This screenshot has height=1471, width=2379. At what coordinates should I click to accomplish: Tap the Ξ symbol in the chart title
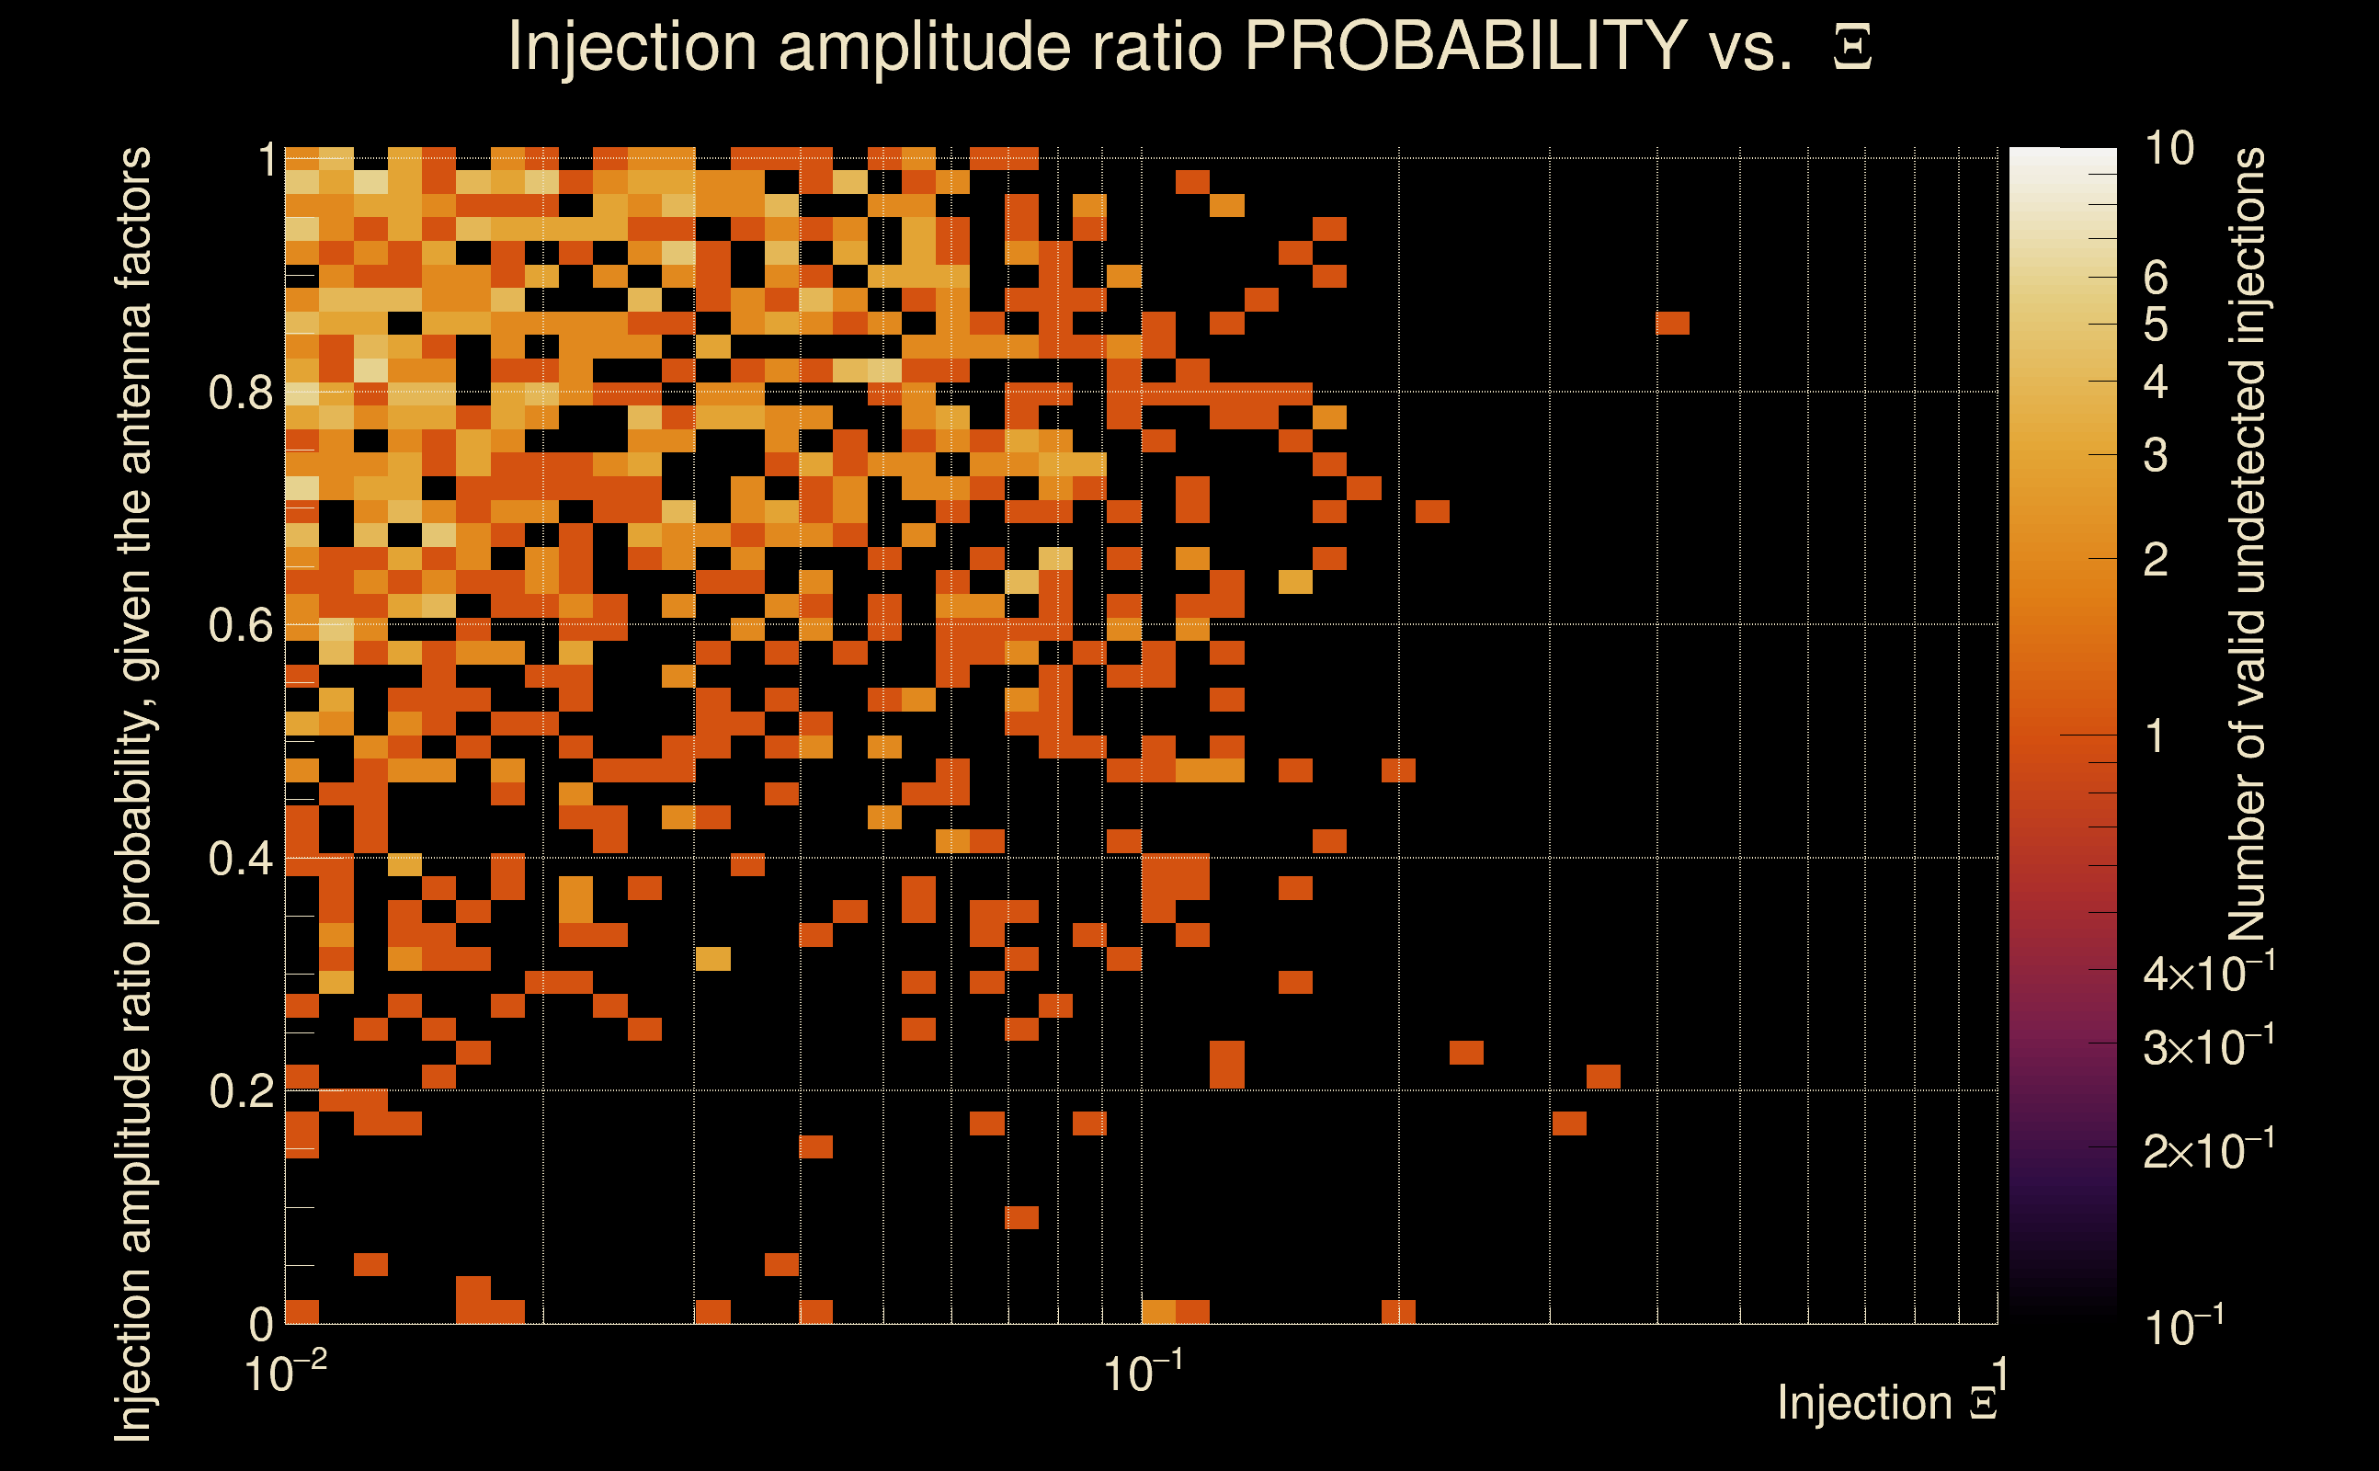(x=1852, y=48)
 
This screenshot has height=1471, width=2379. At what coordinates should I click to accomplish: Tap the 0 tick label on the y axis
(x=262, y=1324)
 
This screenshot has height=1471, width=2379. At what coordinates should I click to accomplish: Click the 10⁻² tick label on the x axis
(x=285, y=1373)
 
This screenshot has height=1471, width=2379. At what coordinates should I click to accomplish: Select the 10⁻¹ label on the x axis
(x=1143, y=1373)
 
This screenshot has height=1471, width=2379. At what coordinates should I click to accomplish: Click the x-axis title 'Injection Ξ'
(x=1887, y=1403)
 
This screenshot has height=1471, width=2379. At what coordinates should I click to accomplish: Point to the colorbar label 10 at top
(x=2168, y=149)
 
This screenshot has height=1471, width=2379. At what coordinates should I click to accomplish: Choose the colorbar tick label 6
(x=2156, y=279)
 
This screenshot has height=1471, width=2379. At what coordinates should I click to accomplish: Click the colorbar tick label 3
(x=2156, y=455)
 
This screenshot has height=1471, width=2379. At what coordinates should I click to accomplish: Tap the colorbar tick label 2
(x=2156, y=559)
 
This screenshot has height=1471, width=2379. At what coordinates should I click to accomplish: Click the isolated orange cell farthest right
(x=1672, y=323)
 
